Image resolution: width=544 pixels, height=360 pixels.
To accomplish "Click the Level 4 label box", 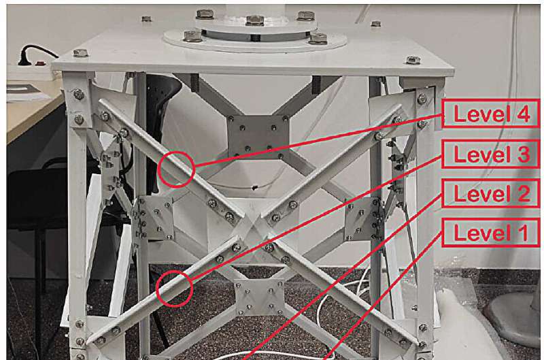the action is [490, 114].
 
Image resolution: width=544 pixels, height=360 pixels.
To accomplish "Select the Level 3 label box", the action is [490, 154].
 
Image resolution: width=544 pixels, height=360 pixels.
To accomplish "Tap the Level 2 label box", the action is [490, 193].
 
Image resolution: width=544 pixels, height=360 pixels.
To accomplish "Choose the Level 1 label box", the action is [490, 233].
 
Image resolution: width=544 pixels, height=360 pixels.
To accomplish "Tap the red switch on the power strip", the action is [41, 64].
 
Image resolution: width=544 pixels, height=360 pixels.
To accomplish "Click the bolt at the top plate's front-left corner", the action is [80, 53].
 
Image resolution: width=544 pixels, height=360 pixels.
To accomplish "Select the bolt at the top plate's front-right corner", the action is [413, 60].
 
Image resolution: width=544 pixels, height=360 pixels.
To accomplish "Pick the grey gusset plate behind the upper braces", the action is [258, 137].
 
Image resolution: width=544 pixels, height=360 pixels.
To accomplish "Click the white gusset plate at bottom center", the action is [259, 297].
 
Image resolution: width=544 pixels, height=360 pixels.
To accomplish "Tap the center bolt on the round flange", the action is [255, 20].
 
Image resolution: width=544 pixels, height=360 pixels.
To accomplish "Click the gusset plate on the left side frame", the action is [156, 218].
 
